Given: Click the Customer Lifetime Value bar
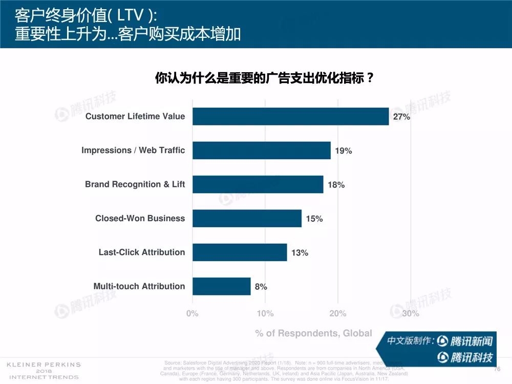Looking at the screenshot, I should [x=290, y=116].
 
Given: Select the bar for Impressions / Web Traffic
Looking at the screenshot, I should [x=261, y=151].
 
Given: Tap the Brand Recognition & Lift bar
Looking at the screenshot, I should [x=258, y=184].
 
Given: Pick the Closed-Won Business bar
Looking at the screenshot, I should [x=247, y=218].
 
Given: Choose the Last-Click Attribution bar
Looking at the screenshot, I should [x=240, y=252].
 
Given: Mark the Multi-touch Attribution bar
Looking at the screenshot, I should [x=221, y=286].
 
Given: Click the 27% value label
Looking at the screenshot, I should [x=401, y=117].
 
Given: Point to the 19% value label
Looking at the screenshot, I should [x=343, y=151].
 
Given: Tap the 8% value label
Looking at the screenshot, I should [x=261, y=287].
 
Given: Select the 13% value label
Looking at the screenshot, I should [x=300, y=253].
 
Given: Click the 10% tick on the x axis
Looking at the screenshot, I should [x=265, y=313].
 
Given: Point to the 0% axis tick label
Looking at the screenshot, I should [x=192, y=313].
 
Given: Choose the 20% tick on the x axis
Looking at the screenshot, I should [x=338, y=313].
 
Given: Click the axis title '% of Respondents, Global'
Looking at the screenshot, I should [x=313, y=333].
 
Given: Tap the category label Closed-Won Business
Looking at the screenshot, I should [x=140, y=218].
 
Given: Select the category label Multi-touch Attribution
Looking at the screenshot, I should [x=139, y=286].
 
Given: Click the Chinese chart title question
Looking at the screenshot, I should [x=264, y=78].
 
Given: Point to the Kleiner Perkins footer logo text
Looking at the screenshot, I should [x=43, y=371].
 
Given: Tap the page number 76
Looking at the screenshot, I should [x=497, y=369].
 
